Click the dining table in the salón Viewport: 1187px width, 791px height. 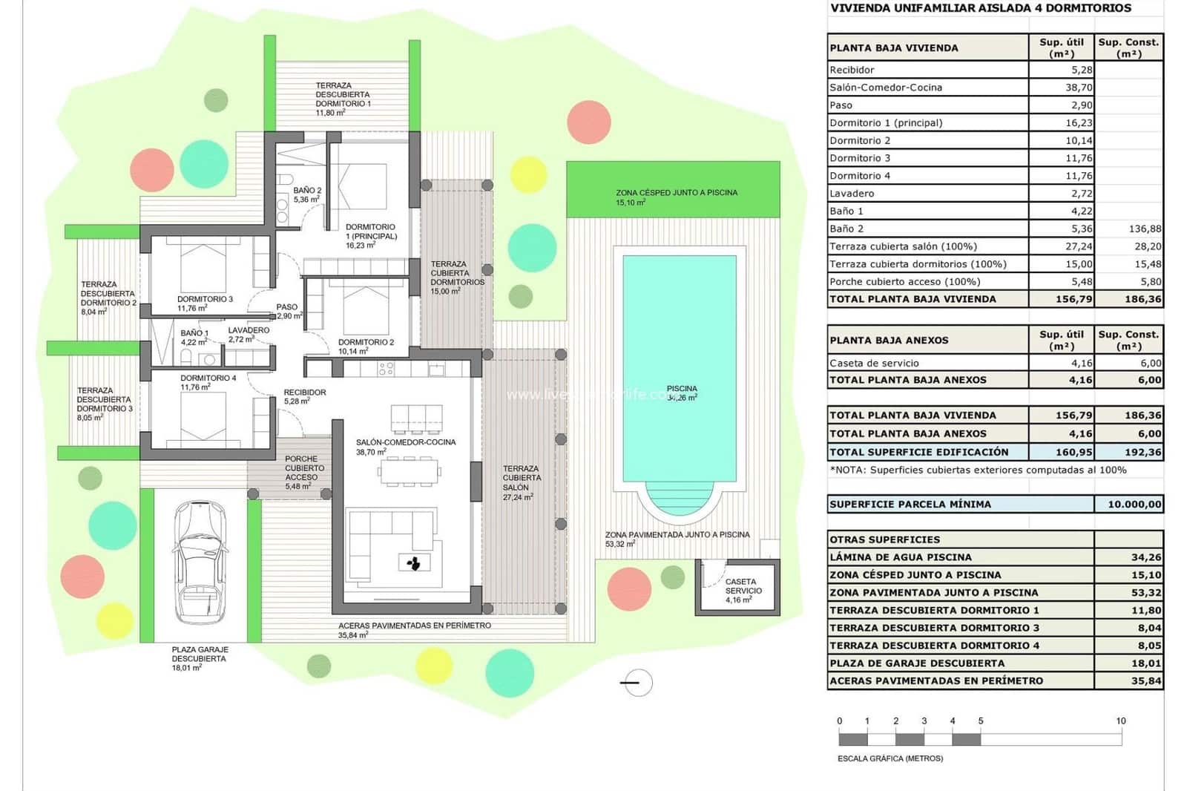[410, 471]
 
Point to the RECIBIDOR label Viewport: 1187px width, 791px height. [304, 393]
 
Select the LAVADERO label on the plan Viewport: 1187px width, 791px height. [249, 330]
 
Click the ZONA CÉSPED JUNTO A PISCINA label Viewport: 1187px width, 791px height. [676, 193]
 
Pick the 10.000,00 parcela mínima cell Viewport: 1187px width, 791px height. [1128, 505]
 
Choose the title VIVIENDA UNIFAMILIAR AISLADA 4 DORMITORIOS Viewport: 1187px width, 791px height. [980, 8]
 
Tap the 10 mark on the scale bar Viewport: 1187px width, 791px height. [1120, 721]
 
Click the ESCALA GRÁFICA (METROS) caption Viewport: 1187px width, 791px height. [890, 758]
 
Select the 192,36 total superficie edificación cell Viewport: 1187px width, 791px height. [1128, 452]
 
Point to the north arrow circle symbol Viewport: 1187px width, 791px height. [637, 683]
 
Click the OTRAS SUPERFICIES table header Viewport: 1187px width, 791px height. [884, 539]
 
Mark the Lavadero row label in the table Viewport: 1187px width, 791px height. [852, 194]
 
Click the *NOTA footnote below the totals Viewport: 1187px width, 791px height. [977, 470]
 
